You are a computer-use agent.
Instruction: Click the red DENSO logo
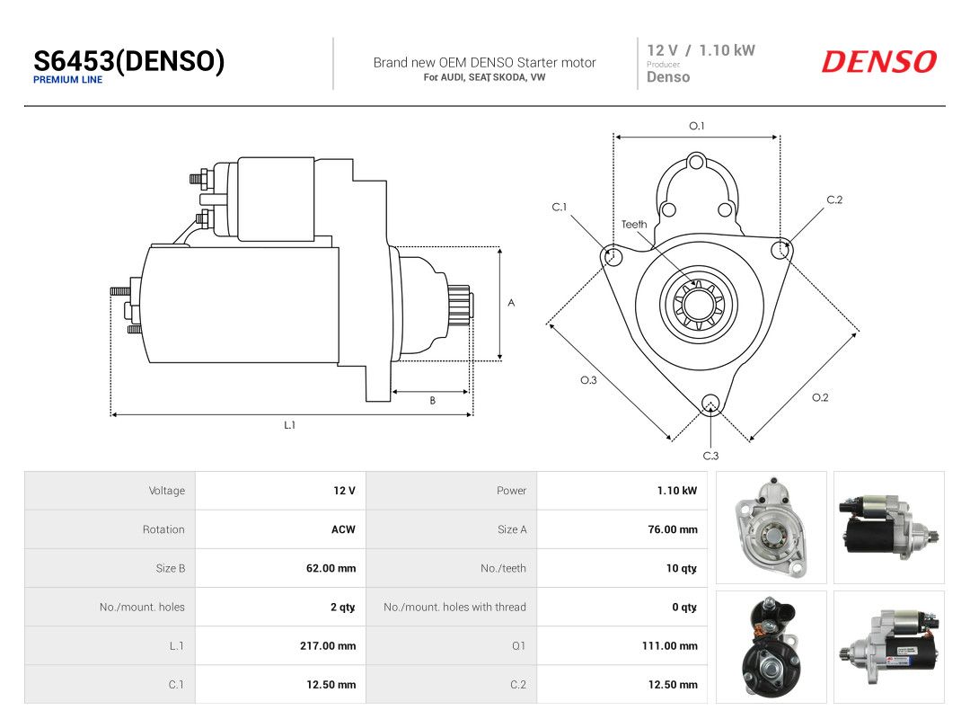879,61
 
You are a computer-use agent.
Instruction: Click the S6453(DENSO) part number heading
128,61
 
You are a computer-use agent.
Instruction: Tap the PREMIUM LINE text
68,80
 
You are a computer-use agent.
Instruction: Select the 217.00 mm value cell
328,645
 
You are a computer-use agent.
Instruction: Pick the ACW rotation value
343,529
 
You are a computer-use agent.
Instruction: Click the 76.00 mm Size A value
673,529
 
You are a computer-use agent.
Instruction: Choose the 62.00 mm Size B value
331,568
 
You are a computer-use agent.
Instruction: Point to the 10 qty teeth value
681,568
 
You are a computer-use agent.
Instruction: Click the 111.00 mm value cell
669,645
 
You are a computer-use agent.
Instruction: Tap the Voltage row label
167,491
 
